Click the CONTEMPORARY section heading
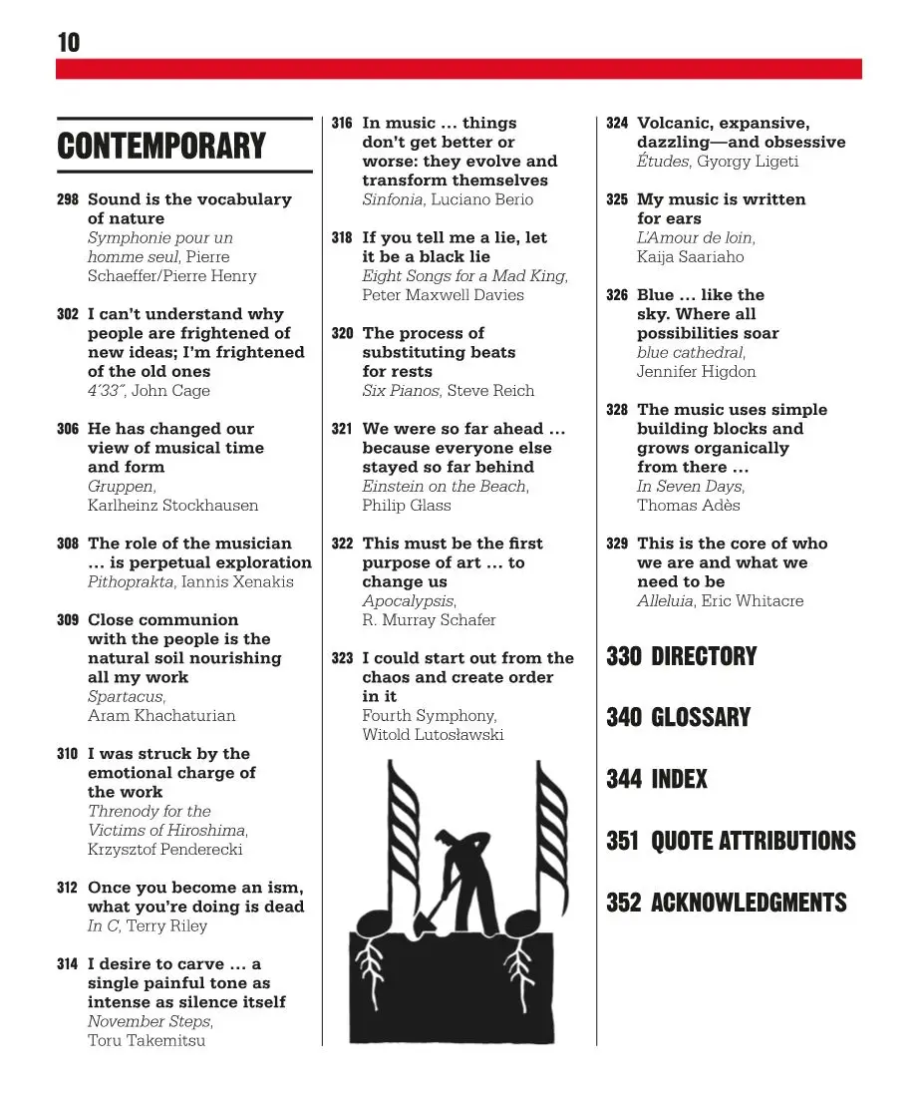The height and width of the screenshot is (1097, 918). click(161, 147)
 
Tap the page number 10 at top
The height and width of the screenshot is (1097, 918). click(68, 43)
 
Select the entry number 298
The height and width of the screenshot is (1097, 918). click(68, 199)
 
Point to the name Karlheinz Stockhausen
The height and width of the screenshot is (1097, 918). click(172, 505)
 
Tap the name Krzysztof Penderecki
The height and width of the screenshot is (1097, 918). click(164, 850)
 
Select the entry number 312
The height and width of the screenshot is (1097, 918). click(68, 888)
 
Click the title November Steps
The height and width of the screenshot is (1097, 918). click(149, 1021)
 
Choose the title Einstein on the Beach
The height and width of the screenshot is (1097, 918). click(445, 486)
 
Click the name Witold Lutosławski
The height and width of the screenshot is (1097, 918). click(433, 735)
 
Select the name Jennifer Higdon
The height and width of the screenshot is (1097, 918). click(696, 371)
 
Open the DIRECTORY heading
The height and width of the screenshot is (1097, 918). click(704, 656)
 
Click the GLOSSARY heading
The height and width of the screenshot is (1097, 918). click(701, 718)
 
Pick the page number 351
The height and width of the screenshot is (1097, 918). click(622, 841)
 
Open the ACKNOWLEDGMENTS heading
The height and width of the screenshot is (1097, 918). click(749, 903)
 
